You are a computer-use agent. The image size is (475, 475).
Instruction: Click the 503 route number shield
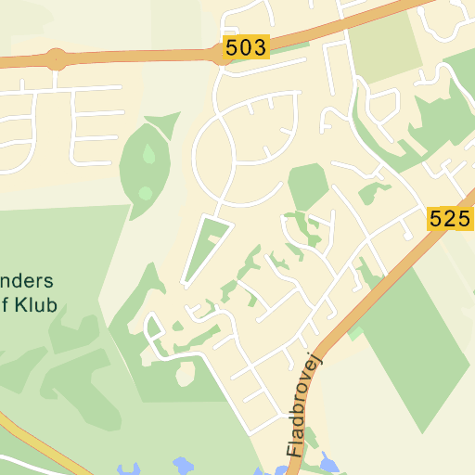pyautogui.click(x=246, y=47)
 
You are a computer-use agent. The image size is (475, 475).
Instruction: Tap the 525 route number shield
pyautogui.click(x=450, y=219)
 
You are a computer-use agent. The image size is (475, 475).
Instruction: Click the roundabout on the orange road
pyautogui.click(x=58, y=59)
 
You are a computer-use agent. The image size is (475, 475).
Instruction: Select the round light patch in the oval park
pyautogui.click(x=146, y=193)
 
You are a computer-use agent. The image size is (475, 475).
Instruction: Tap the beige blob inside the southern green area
pyautogui.click(x=186, y=373)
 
